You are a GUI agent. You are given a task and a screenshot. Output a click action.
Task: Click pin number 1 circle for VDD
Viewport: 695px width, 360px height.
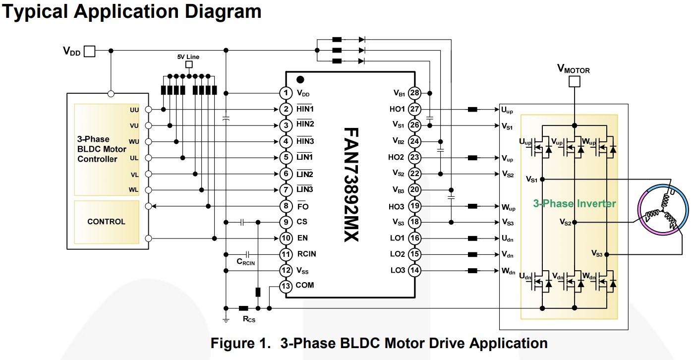(x=285, y=93)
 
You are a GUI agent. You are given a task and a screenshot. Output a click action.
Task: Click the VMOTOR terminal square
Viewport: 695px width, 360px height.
(x=574, y=81)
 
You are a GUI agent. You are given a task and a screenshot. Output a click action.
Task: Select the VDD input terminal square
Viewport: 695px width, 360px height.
(x=89, y=51)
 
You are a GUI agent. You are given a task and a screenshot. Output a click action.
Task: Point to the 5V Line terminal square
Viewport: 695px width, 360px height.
(x=188, y=65)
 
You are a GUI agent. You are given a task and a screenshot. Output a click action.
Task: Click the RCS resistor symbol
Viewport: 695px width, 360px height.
(x=243, y=308)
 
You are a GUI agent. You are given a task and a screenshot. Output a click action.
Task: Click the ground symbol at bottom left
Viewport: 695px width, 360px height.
(x=226, y=320)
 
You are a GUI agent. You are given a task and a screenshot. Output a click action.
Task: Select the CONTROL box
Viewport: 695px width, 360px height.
(x=106, y=222)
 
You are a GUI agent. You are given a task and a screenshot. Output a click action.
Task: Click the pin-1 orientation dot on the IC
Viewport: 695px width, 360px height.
(x=300, y=79)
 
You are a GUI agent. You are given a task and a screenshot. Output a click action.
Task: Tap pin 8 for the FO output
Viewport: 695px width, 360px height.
(x=285, y=206)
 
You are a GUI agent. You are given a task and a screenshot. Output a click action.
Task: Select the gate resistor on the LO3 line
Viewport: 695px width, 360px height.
(x=472, y=271)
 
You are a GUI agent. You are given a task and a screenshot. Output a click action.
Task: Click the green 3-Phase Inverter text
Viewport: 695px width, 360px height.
(x=575, y=204)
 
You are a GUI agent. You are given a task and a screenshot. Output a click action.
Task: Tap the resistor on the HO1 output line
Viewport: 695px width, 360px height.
(x=472, y=109)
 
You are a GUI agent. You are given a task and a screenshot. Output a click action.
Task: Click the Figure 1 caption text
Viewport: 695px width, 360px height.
(x=379, y=343)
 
